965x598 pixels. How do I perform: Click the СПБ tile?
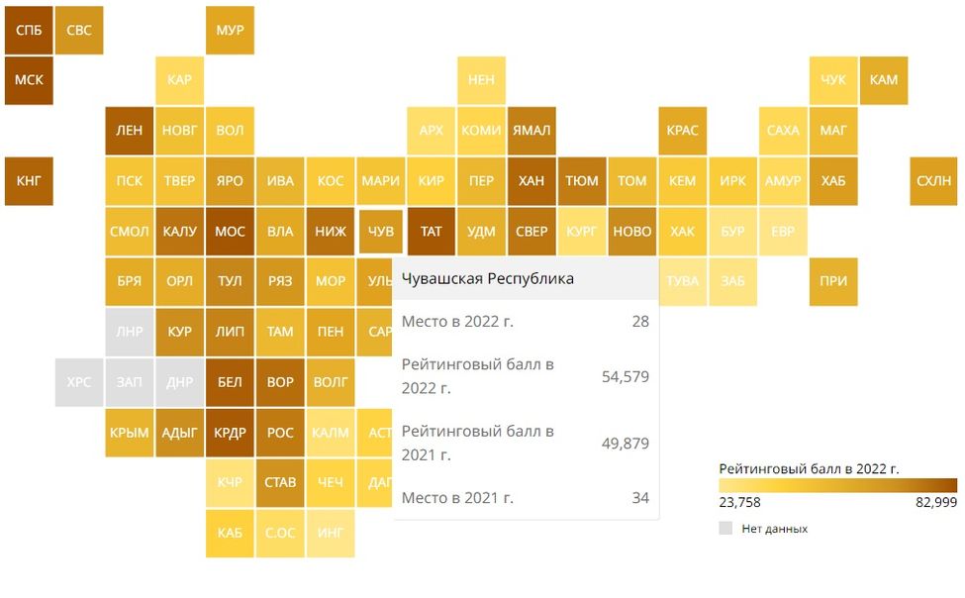point(29,30)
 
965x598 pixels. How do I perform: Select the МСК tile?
point(29,80)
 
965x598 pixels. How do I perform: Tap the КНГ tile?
point(29,180)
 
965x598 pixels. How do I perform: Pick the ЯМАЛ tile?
point(531,131)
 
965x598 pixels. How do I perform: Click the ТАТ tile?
point(431,232)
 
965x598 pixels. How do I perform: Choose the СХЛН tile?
point(933,180)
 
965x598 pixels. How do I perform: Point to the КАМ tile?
point(884,80)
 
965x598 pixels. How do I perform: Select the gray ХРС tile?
point(79,382)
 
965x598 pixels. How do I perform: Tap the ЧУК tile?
point(833,80)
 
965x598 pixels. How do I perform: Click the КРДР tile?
point(230,433)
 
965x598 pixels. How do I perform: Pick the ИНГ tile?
point(331,534)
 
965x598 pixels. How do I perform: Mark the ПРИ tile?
point(833,281)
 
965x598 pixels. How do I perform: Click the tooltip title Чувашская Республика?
point(488,279)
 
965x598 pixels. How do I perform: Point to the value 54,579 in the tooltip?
point(626,376)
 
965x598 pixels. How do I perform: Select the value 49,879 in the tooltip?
point(626,444)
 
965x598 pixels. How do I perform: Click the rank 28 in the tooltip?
point(640,321)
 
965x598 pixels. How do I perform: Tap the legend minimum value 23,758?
point(739,502)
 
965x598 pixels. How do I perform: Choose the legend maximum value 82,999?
point(936,502)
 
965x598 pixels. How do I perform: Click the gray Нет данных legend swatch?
point(725,529)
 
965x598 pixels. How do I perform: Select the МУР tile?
point(230,30)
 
